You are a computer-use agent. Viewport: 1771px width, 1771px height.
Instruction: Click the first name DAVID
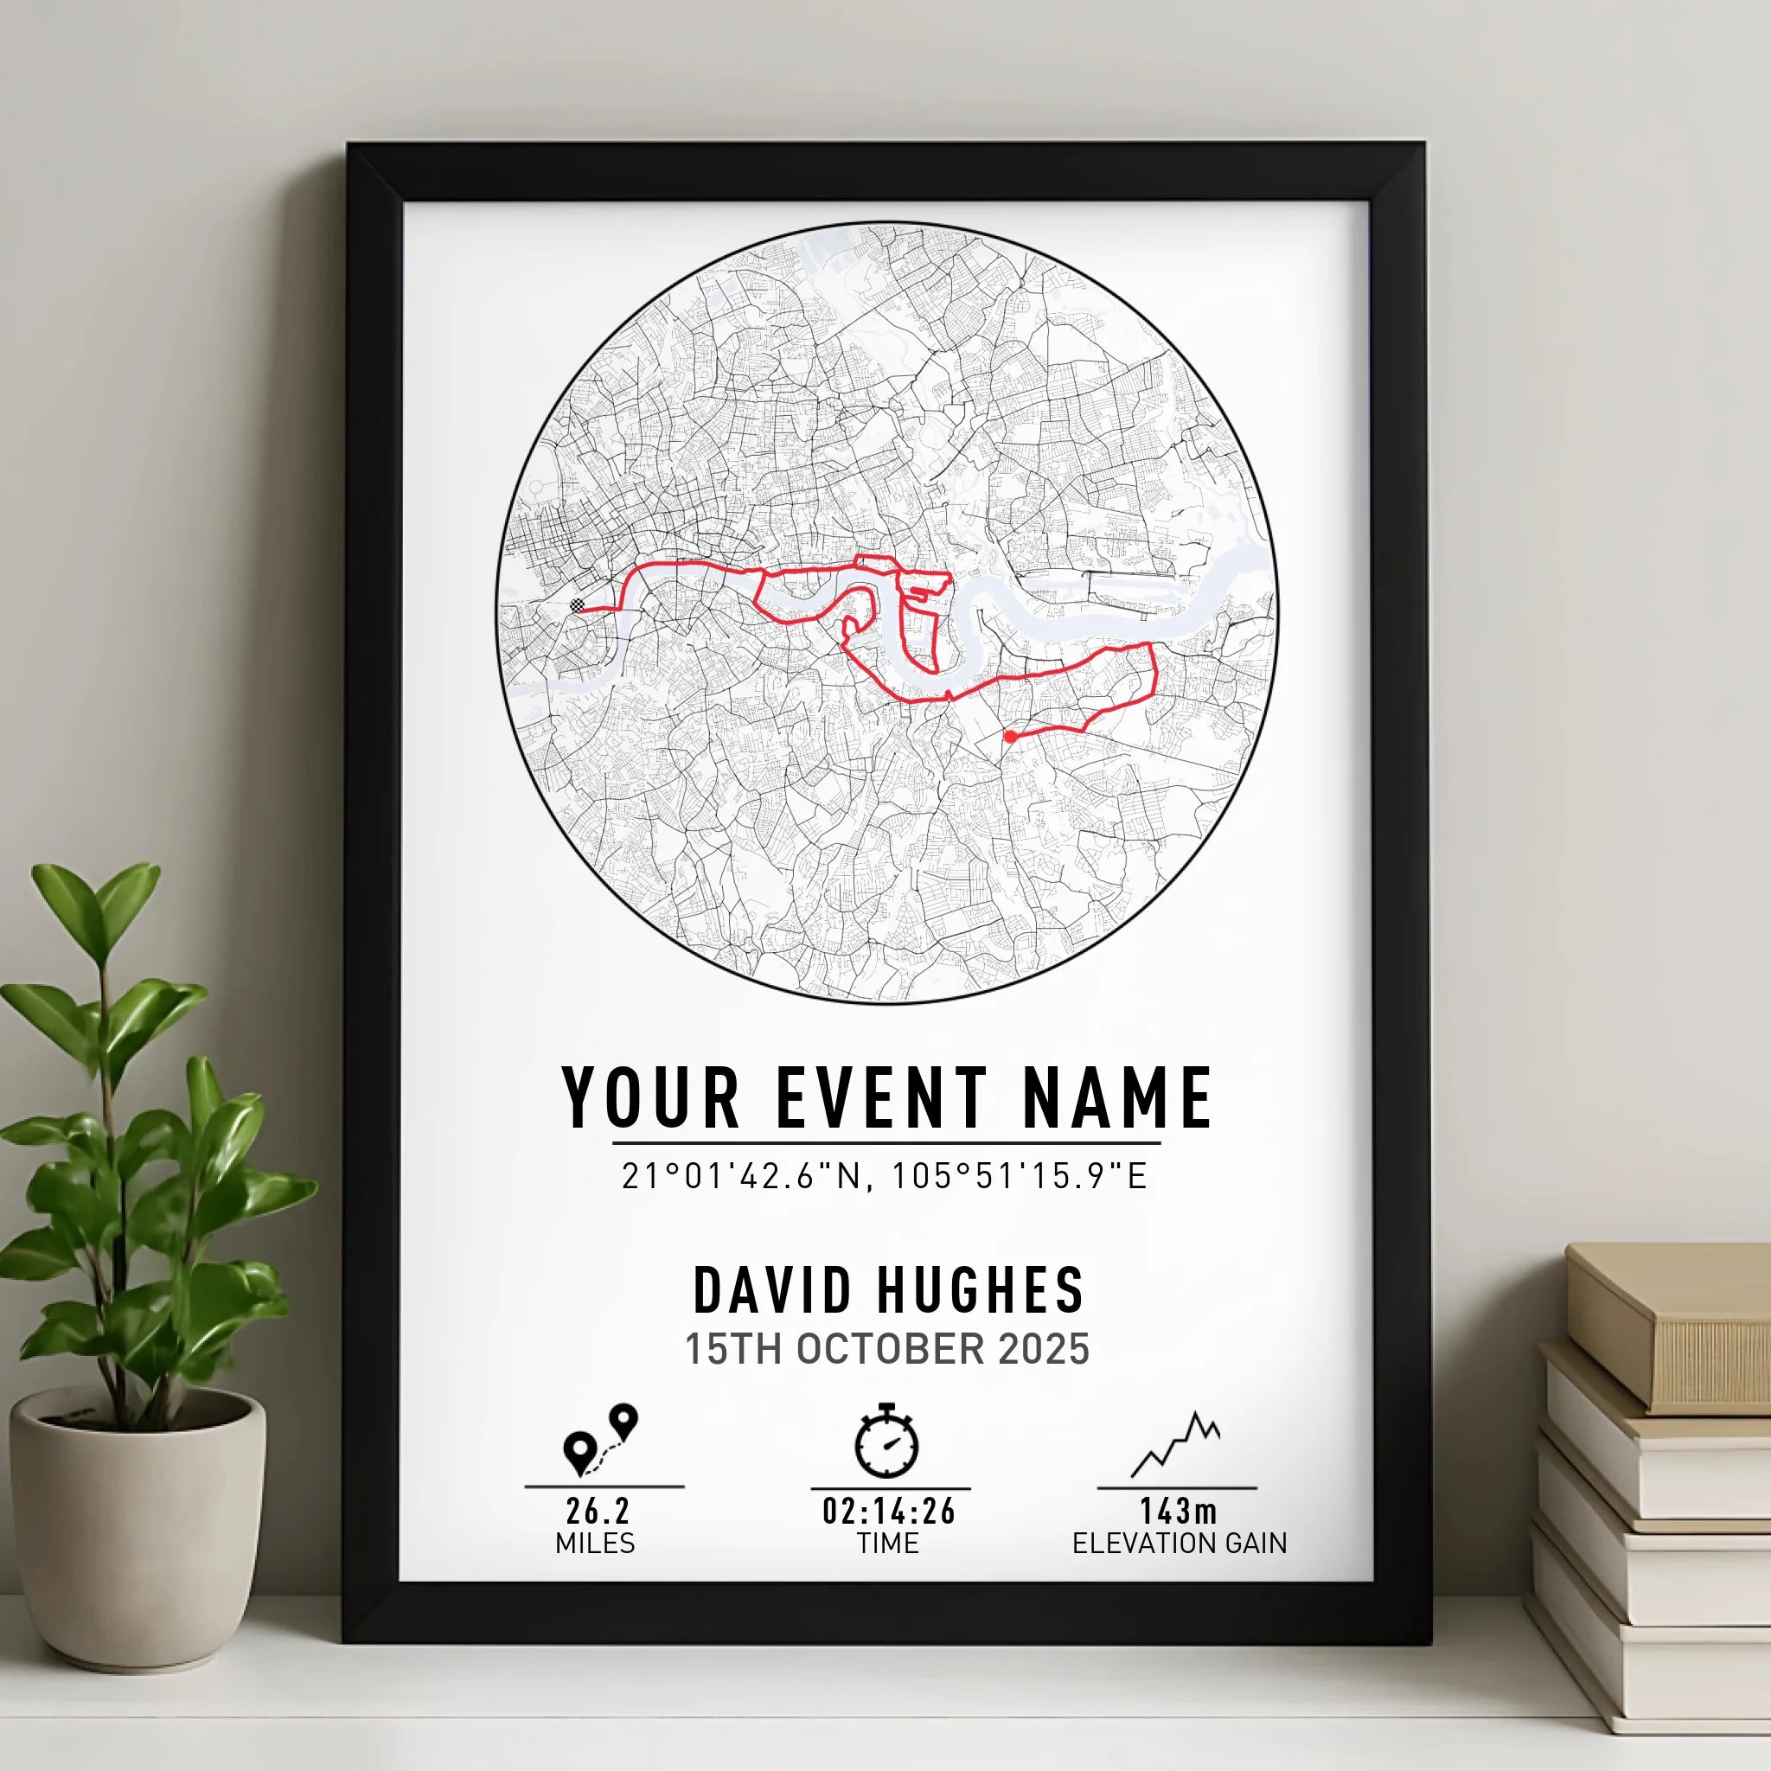(x=773, y=1291)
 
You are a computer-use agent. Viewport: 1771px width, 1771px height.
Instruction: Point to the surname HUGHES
(x=981, y=1291)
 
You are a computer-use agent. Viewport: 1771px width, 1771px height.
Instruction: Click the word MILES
(x=595, y=1544)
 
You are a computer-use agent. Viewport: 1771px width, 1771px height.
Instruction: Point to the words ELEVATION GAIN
(x=1180, y=1544)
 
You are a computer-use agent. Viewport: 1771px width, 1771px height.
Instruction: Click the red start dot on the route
(x=1010, y=736)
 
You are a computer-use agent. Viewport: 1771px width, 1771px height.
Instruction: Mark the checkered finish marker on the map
(x=577, y=605)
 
